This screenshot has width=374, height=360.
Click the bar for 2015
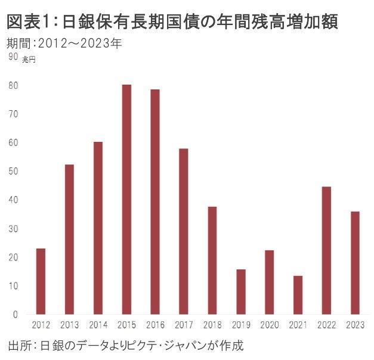(126, 199)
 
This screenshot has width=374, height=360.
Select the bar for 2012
(41, 281)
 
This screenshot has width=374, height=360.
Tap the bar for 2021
(298, 294)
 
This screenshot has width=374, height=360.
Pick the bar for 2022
(326, 250)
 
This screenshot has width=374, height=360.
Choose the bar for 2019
(240, 291)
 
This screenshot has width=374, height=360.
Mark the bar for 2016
(155, 201)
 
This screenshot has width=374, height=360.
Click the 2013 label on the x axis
(69, 325)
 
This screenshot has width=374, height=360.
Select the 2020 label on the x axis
(269, 325)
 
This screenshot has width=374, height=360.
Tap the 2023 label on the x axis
(355, 325)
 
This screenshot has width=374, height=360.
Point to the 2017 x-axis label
(184, 325)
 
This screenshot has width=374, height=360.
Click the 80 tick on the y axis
(13, 85)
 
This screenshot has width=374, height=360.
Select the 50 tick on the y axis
(13, 171)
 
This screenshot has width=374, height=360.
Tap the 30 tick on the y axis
(13, 228)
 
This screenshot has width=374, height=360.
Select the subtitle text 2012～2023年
(80, 44)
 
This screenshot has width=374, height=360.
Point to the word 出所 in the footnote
(19, 346)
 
